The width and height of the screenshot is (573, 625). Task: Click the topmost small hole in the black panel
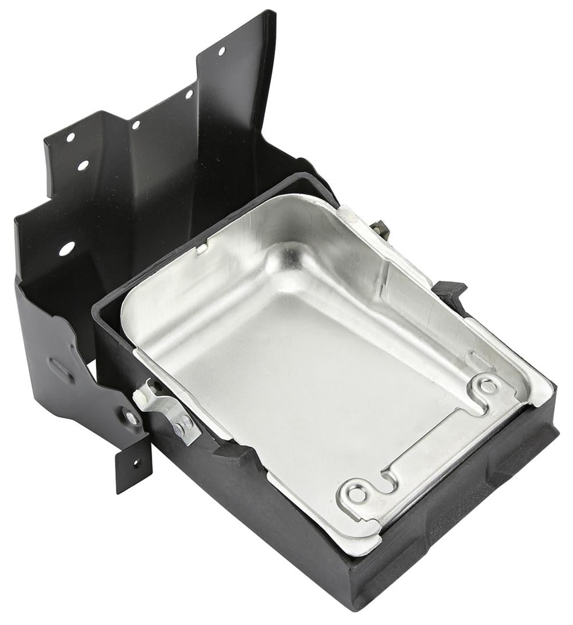pos(221,51)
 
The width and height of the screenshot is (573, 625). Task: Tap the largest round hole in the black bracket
pos(66,249)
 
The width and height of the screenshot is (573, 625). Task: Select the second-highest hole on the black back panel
pos(189,93)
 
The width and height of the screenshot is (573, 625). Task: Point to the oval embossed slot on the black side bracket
pos(61,370)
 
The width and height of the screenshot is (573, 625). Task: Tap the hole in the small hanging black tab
pos(135,462)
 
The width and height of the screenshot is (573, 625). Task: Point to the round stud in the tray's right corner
pos(488,386)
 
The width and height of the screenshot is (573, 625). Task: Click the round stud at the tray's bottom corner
pos(356,493)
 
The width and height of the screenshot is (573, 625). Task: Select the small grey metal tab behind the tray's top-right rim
pos(380,229)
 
